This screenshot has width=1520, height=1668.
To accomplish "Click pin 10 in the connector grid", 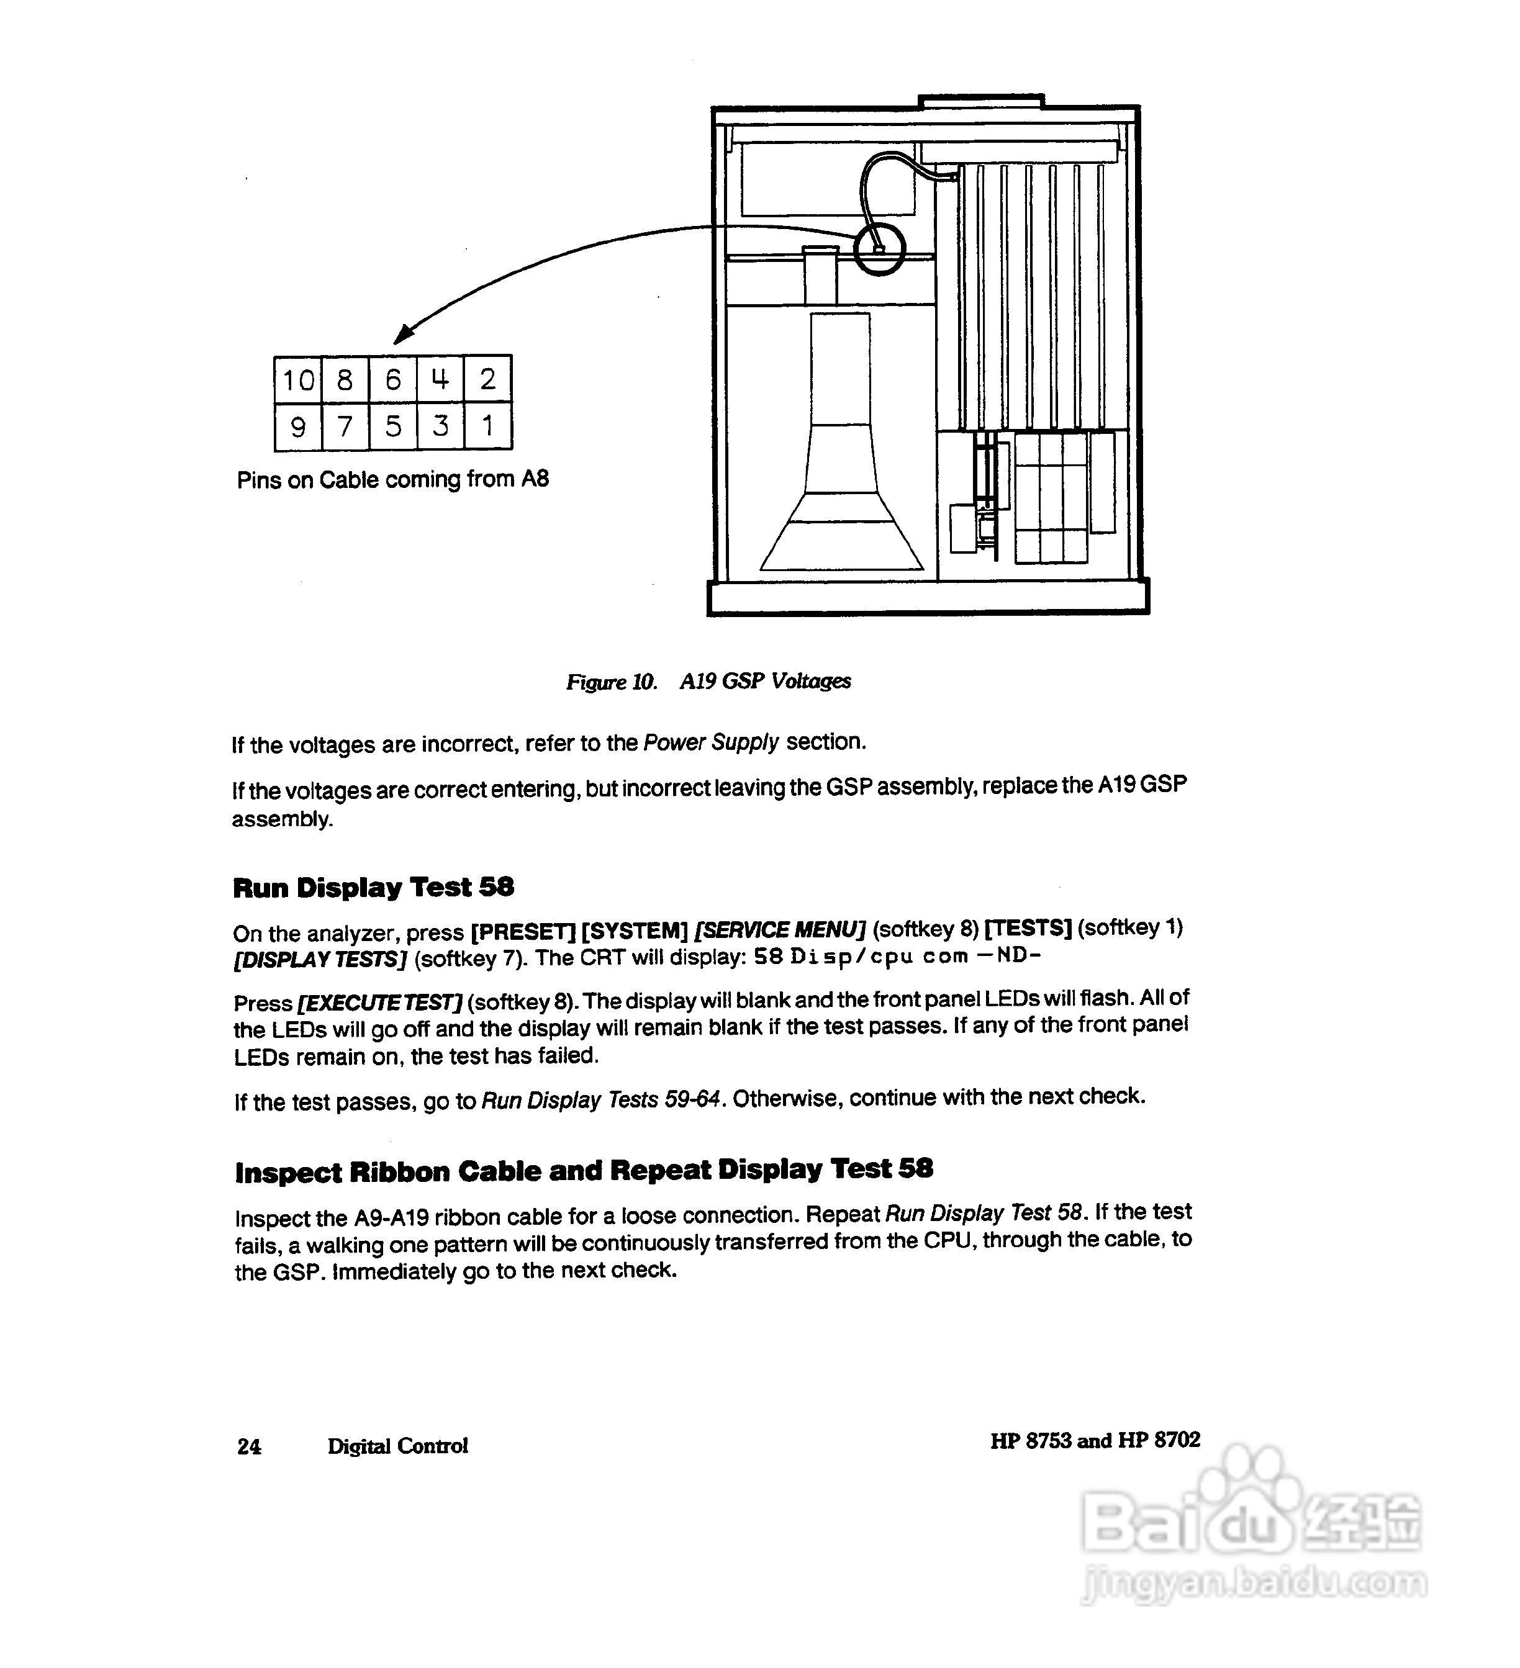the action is pyautogui.click(x=298, y=380).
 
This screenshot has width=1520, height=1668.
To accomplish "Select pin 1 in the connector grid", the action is pyautogui.click(x=487, y=426).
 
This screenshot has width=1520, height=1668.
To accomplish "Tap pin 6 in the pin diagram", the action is pyautogui.click(x=393, y=380).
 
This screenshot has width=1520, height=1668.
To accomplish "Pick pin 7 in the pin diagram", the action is pyautogui.click(x=345, y=426).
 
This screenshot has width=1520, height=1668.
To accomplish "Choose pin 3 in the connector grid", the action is pyautogui.click(x=440, y=426).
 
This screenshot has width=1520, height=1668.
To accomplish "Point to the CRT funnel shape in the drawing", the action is pyautogui.click(x=841, y=497).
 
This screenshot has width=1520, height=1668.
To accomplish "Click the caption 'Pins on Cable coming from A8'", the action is pyautogui.click(x=392, y=480).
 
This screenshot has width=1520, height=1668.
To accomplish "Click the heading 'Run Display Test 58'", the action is pyautogui.click(x=373, y=888).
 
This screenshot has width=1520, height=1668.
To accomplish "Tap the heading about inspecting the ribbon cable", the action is pyautogui.click(x=583, y=1171).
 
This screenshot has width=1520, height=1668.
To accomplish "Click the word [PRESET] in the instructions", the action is pyautogui.click(x=522, y=932).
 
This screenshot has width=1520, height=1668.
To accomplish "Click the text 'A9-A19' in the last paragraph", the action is pyautogui.click(x=391, y=1218).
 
